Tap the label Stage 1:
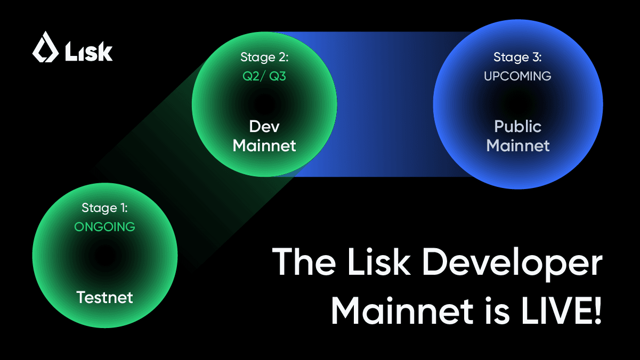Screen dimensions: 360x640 pyautogui.click(x=104, y=208)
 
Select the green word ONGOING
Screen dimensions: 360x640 pyautogui.click(x=104, y=227)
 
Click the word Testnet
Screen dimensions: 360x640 pyautogui.click(x=104, y=297)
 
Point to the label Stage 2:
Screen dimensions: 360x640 pyautogui.click(x=264, y=57)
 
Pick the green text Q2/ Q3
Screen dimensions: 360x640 pyautogui.click(x=264, y=76)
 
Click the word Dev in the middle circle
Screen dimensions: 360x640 pyautogui.click(x=264, y=126)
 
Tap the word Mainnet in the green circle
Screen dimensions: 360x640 pyautogui.click(x=264, y=145)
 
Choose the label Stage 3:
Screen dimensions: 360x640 pyautogui.click(x=517, y=57)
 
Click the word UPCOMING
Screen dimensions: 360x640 pyautogui.click(x=517, y=76)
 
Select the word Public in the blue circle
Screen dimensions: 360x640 pyautogui.click(x=517, y=127)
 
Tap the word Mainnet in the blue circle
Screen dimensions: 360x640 pyautogui.click(x=517, y=145)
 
